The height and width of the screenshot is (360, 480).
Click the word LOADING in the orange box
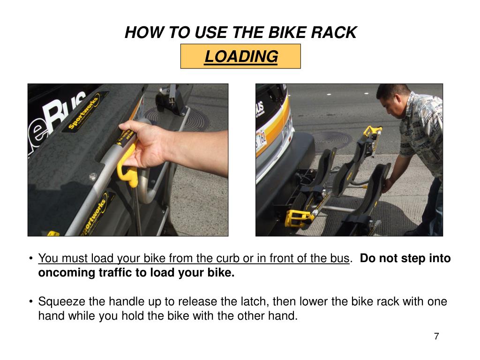241,57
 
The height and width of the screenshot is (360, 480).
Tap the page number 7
436,336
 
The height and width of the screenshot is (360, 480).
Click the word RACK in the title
334,32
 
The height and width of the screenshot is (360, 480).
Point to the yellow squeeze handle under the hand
128,165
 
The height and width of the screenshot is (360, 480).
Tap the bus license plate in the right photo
261,141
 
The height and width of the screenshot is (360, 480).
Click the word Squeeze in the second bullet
61,302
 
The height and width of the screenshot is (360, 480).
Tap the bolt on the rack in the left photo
92,176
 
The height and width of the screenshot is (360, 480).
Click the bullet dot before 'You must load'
31,258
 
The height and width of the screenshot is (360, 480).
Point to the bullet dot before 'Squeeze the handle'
31,301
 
